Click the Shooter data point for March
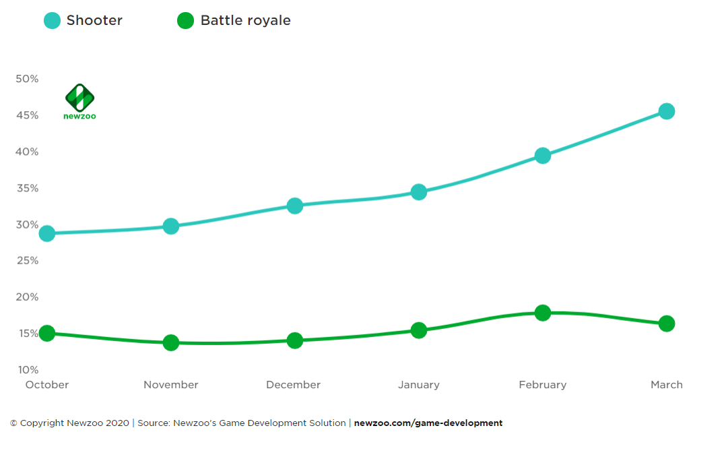(x=667, y=111)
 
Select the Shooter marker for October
(x=47, y=234)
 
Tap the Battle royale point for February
(x=543, y=313)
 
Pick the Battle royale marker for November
(x=171, y=342)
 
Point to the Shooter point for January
(x=419, y=192)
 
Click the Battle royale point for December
(x=295, y=340)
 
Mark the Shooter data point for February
(x=543, y=156)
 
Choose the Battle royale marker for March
(x=667, y=324)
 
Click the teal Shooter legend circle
(x=52, y=21)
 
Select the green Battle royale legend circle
(x=185, y=21)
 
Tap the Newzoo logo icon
(x=79, y=98)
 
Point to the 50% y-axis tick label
(x=27, y=79)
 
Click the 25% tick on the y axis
(x=27, y=261)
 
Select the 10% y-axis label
(x=27, y=370)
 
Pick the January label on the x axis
(x=419, y=385)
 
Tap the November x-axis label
(x=171, y=385)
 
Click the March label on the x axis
(x=667, y=385)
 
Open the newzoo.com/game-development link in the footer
(x=428, y=423)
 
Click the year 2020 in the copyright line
(x=117, y=423)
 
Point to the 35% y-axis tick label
(x=27, y=188)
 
